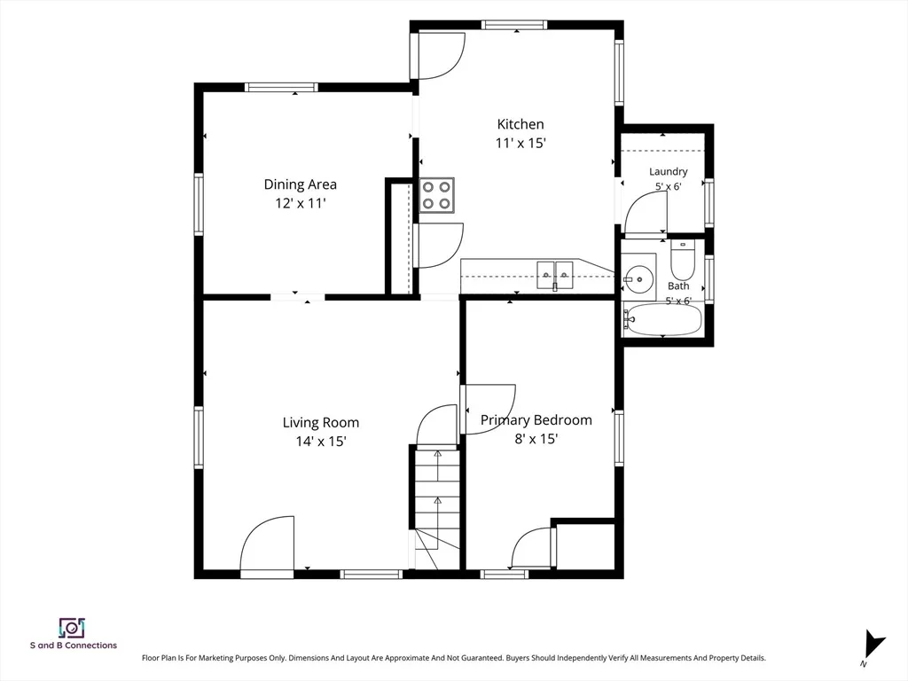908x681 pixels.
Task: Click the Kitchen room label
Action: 520,124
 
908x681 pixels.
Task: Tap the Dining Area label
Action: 300,184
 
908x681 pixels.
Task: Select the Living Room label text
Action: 321,423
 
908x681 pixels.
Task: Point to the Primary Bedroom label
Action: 536,420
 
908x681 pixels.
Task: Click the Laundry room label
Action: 669,171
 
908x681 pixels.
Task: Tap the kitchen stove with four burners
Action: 436,195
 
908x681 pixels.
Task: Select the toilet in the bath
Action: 683,261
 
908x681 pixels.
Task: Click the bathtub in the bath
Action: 662,320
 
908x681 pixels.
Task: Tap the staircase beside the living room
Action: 437,506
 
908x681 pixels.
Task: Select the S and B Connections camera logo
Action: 73,629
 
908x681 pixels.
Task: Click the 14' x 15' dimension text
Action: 321,442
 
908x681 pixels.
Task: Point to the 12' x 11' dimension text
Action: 300,203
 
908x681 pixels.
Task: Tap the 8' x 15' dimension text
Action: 536,439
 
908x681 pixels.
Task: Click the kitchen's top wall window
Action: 514,25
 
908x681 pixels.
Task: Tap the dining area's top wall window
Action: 281,88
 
